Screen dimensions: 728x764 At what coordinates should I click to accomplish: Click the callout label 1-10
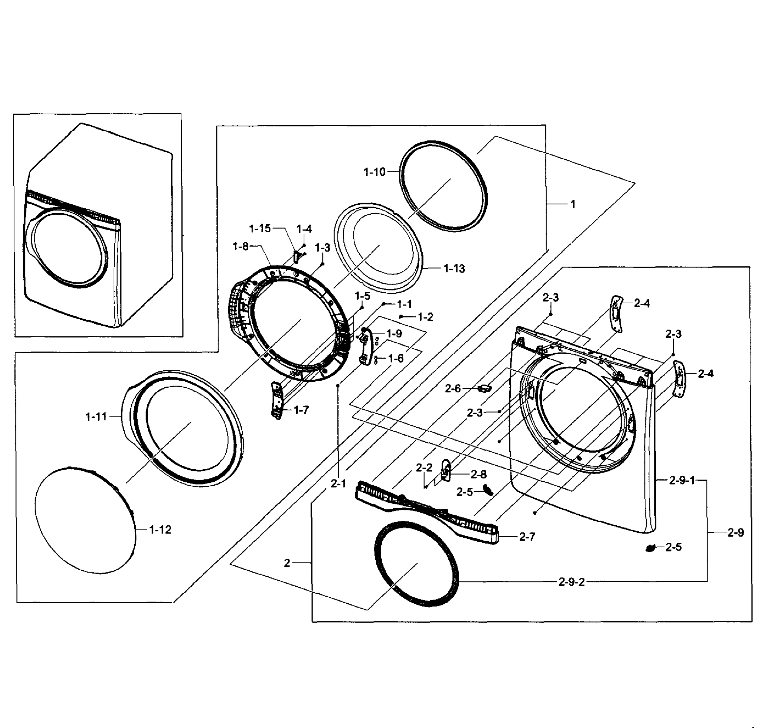click(374, 172)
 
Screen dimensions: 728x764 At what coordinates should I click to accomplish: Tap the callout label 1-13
click(454, 268)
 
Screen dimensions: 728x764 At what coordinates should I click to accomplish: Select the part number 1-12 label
click(160, 530)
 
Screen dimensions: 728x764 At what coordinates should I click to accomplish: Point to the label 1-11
click(96, 417)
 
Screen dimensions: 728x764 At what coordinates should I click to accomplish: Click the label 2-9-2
click(571, 582)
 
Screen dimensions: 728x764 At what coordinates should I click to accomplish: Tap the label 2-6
click(453, 389)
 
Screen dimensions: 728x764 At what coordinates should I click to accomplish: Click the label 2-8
click(479, 474)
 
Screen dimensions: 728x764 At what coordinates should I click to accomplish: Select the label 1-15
click(260, 229)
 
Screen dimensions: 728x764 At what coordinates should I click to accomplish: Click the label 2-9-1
click(682, 480)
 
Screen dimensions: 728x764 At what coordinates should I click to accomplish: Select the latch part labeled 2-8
click(446, 471)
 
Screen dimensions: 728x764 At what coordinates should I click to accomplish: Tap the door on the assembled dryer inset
click(67, 248)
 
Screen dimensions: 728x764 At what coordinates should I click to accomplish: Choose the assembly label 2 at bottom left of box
click(287, 563)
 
